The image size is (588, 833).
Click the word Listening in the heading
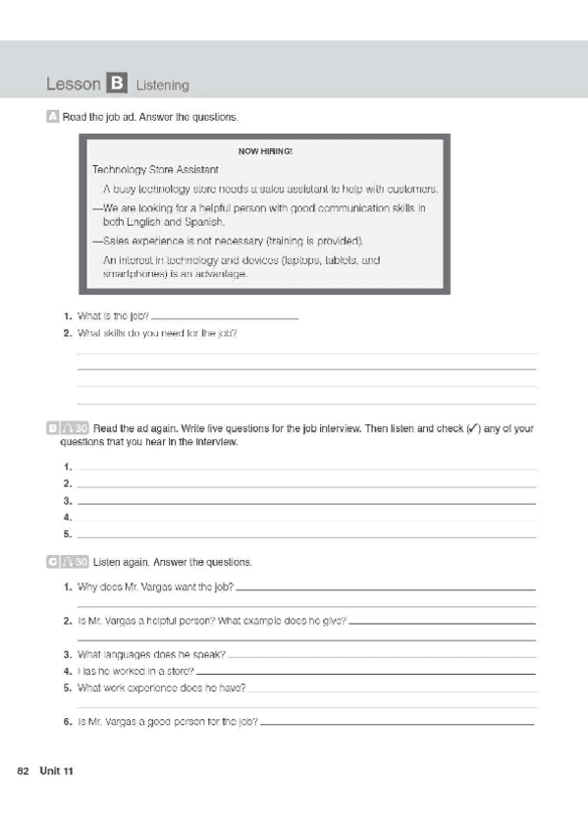click(x=163, y=85)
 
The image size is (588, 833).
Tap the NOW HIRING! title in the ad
click(x=265, y=151)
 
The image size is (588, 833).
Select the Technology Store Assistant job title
click(x=141, y=170)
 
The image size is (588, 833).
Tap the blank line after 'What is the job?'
click(x=225, y=318)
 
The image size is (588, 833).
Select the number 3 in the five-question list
click(x=67, y=501)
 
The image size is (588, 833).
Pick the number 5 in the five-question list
click(x=67, y=534)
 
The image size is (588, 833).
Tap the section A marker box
click(x=52, y=117)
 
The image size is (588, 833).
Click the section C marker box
click(x=52, y=562)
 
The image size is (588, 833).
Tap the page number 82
click(x=24, y=771)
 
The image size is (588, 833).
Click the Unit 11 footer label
click(x=57, y=771)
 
